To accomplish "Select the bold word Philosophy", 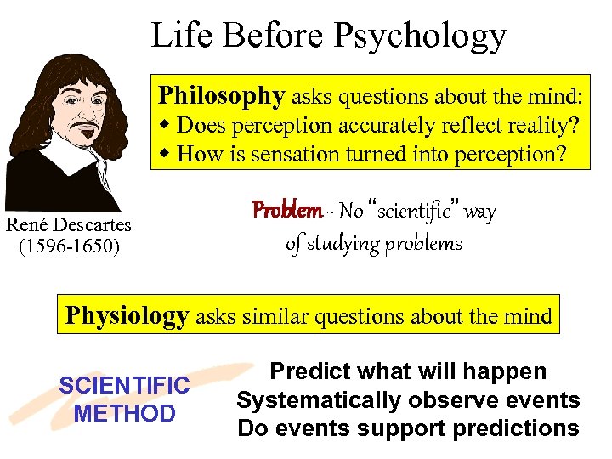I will click(222, 96).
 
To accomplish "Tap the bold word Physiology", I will click(127, 316).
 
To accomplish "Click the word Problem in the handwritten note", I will click(286, 210).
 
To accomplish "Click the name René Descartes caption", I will click(69, 225).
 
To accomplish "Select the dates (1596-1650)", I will click(69, 246).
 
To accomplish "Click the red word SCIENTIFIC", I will click(124, 386).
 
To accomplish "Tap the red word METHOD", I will click(124, 414).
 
